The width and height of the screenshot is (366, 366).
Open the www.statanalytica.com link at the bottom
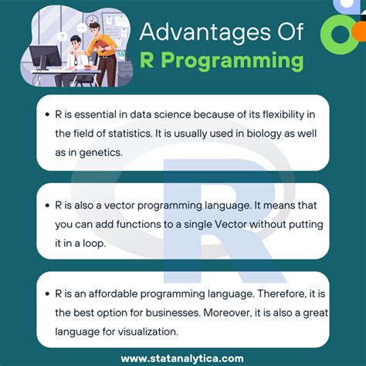pyautogui.click(x=182, y=357)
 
